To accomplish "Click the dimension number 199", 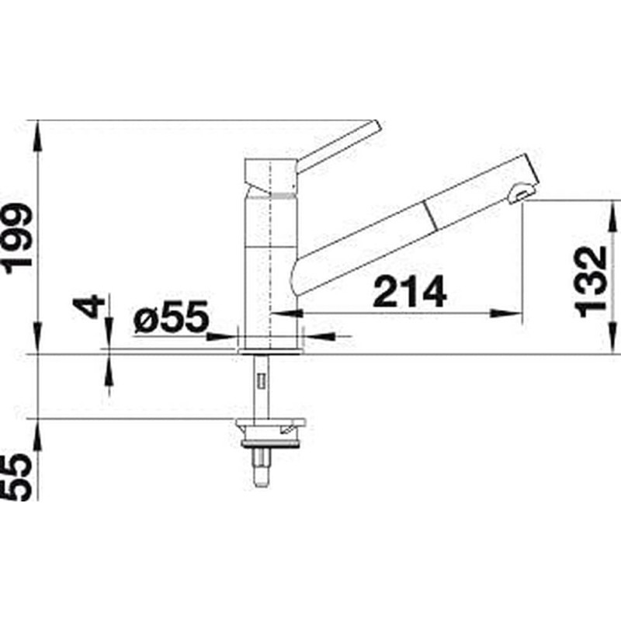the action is tap(17, 238).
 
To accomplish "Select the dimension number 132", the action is tap(591, 282).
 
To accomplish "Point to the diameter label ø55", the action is tap(171, 316).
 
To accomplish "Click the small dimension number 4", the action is tap(88, 306).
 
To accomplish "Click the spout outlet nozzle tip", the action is tap(519, 195).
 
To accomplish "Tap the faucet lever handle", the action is tap(338, 146).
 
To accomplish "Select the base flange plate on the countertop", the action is tap(270, 351).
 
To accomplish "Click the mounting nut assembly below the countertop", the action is tap(270, 433).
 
